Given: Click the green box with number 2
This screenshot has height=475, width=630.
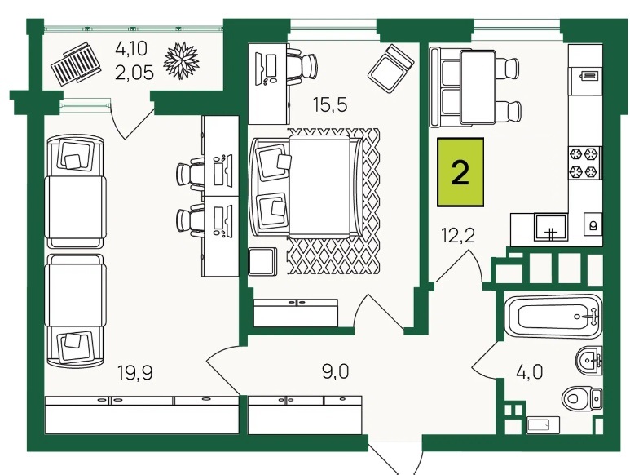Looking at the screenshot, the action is [460, 172].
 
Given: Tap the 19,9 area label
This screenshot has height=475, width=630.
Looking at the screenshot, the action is [135, 373].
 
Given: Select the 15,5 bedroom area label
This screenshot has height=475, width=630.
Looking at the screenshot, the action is [330, 105].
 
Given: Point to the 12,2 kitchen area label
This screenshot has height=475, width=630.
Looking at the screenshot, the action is [458, 235].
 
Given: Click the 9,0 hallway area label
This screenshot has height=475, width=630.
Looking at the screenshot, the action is [336, 371].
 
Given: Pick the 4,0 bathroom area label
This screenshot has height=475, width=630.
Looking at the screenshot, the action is [529, 371].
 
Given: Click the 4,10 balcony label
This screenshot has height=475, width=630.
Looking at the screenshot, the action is [132, 49].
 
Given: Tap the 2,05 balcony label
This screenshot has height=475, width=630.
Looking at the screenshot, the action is [134, 73].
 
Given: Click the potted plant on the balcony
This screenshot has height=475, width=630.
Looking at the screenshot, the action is [181, 60].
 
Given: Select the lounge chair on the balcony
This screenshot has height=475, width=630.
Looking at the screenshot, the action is [76, 64].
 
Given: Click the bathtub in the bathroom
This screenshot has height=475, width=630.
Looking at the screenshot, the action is [553, 316].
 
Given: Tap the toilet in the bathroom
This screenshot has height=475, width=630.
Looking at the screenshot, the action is [581, 398].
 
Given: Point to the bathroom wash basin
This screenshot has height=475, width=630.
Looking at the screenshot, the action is [589, 360].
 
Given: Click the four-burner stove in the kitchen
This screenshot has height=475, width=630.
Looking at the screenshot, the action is [585, 163].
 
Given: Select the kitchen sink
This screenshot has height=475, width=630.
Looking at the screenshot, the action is [550, 227].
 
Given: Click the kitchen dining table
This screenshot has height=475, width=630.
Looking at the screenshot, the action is [478, 87].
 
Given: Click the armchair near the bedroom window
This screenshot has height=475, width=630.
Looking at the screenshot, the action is [391, 69].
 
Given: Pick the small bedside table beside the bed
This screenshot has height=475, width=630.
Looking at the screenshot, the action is [262, 261].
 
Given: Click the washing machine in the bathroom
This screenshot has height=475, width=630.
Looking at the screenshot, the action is [543, 425].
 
